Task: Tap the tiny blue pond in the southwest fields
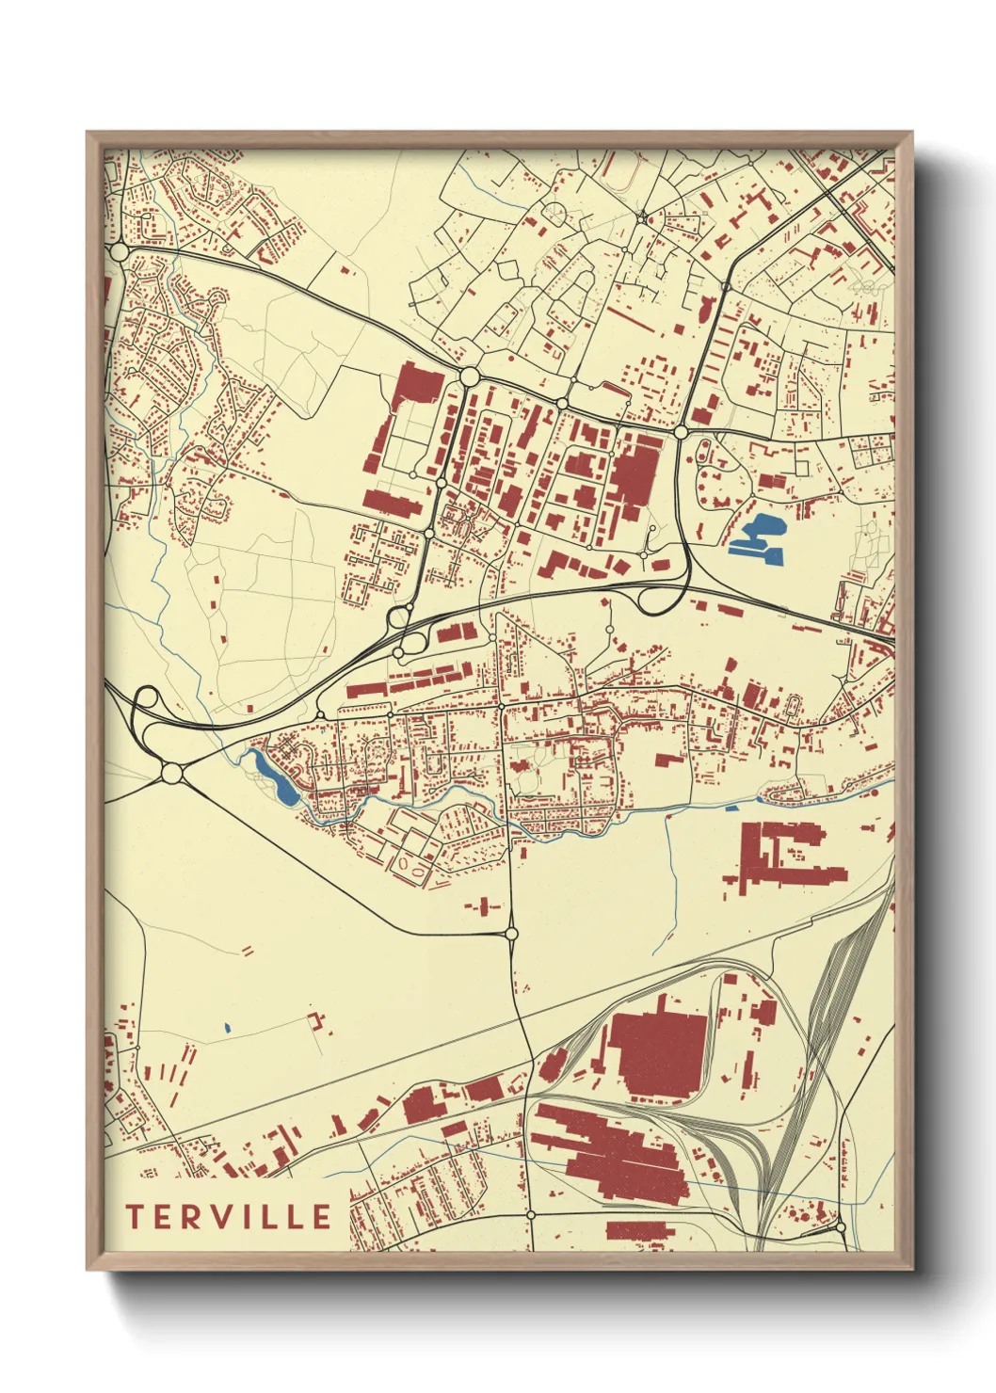click(x=228, y=1027)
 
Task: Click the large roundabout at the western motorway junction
click(x=171, y=773)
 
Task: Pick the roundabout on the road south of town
click(x=511, y=934)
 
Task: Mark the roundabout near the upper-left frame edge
click(x=119, y=252)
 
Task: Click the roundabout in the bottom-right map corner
click(x=840, y=1228)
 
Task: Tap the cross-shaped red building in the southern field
click(x=483, y=906)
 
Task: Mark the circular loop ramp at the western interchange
click(x=148, y=699)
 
